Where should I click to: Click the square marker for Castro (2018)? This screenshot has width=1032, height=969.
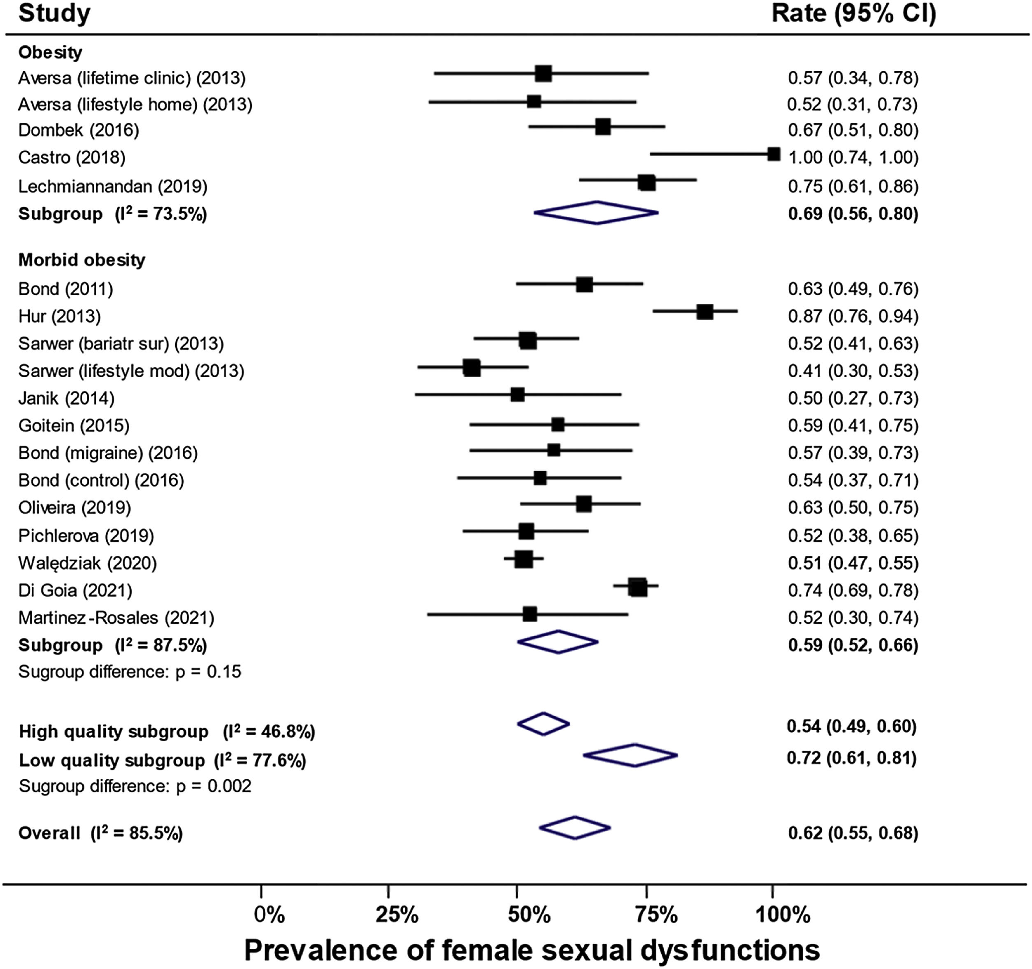coord(774,154)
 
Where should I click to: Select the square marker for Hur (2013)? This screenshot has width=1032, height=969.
coord(705,312)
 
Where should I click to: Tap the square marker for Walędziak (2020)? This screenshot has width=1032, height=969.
coord(524,559)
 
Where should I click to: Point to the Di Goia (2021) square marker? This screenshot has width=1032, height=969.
coord(637,588)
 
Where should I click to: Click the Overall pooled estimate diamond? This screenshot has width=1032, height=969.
coord(575,828)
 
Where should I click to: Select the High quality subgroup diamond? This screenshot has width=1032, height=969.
coord(544,723)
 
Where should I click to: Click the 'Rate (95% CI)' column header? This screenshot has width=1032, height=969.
coord(854,14)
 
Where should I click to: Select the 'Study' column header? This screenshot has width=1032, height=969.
coord(54,14)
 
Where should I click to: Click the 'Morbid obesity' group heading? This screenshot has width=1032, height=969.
coord(81,260)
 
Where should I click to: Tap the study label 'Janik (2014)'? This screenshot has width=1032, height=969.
coord(66,399)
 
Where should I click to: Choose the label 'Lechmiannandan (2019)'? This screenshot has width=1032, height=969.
coord(113,186)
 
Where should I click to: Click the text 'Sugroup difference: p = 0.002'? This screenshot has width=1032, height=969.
coord(135,786)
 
